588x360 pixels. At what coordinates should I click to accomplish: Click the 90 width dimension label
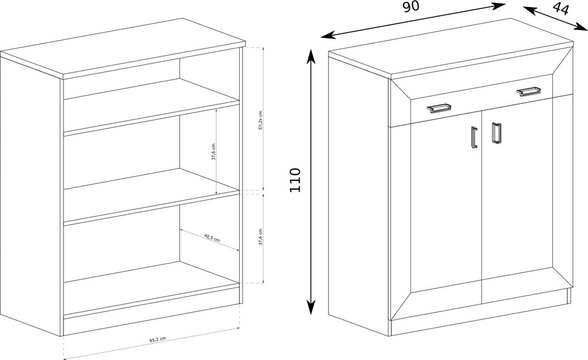tap(411, 6)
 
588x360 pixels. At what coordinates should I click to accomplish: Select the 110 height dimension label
tap(295, 180)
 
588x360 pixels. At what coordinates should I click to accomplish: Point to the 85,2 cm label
tap(157, 339)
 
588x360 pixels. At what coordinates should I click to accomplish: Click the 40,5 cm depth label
tap(212, 238)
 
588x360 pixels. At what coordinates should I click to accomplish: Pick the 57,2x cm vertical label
tap(260, 120)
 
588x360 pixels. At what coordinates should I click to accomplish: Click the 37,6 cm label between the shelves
tap(213, 152)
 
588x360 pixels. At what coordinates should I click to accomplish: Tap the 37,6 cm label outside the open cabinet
tap(260, 237)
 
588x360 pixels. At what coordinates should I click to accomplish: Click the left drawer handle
tap(438, 107)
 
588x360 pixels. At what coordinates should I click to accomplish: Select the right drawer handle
tap(529, 91)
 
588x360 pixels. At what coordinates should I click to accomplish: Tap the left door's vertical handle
tap(474, 138)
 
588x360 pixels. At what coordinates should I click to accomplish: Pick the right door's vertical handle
tap(496, 133)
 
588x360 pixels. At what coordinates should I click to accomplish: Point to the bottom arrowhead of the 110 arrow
tap(311, 307)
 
